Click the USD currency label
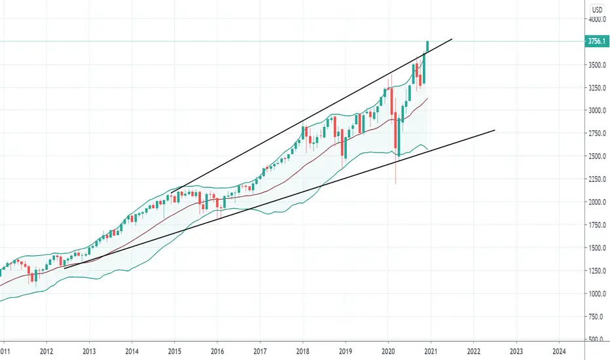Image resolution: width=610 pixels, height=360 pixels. coord(597,9)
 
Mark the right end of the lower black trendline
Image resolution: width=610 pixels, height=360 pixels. coord(494,130)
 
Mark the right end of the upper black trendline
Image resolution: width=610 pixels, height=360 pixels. coord(452,39)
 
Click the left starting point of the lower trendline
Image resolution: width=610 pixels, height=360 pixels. coord(64,267)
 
